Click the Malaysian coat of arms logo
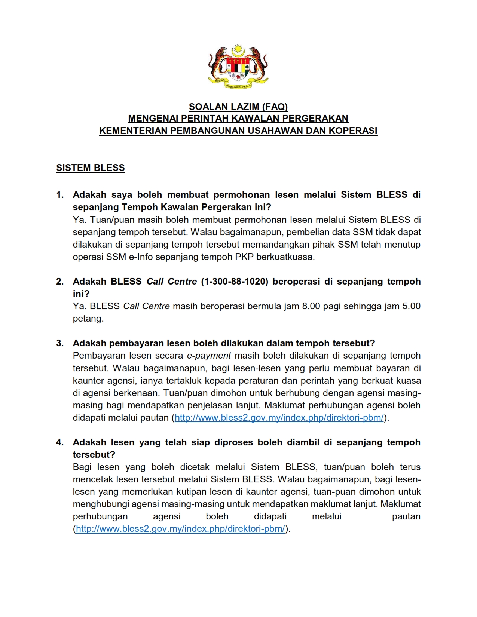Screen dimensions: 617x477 (x=238, y=67)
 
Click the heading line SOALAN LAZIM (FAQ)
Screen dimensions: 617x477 (x=238, y=107)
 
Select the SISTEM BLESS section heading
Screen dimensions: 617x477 (x=91, y=168)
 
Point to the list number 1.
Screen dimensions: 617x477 (x=60, y=195)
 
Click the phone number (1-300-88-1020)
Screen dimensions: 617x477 (x=235, y=282)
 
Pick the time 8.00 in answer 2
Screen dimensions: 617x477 (x=311, y=306)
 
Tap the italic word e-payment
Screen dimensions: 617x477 (x=209, y=356)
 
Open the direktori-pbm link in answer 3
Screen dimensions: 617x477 (x=279, y=418)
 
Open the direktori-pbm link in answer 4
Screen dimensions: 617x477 (x=180, y=529)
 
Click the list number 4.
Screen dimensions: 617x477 (x=60, y=442)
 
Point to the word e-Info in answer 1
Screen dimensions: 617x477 (x=141, y=257)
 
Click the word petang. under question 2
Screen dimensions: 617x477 (x=88, y=319)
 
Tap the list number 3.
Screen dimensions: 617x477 (x=60, y=343)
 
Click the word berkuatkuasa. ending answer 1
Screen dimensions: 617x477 (x=285, y=257)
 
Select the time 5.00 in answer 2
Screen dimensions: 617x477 (x=411, y=306)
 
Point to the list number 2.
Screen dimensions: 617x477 (x=60, y=282)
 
